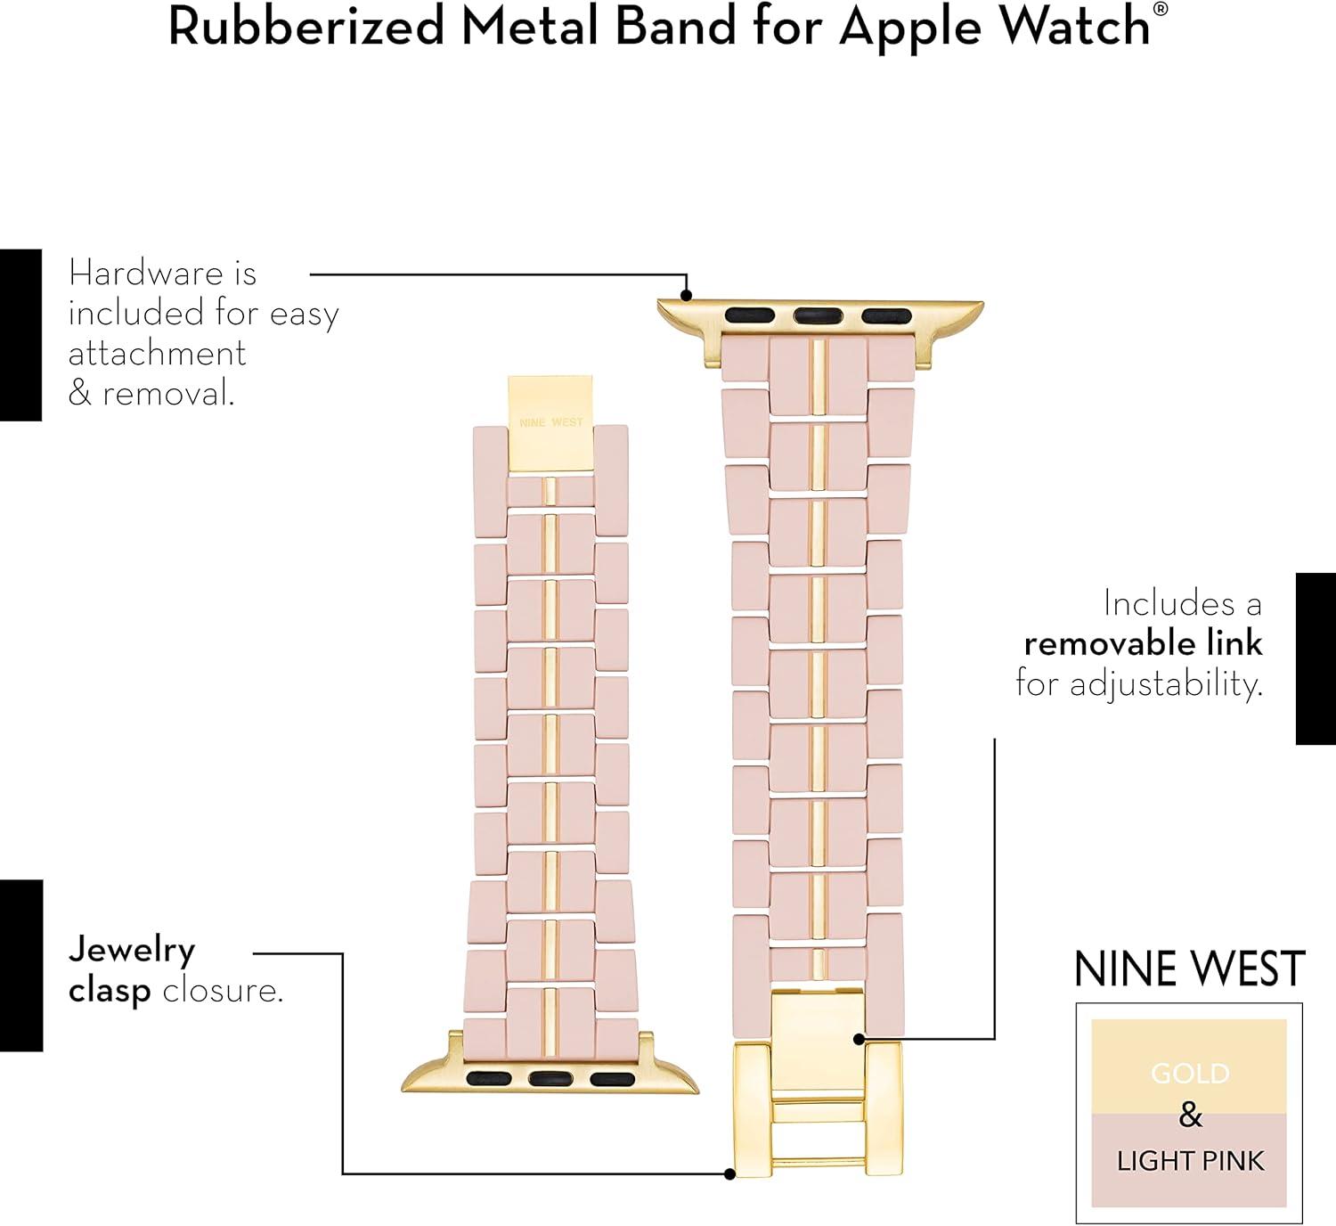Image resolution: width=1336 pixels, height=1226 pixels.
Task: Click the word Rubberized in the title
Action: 305,27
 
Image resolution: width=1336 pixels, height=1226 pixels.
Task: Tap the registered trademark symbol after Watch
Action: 1161,11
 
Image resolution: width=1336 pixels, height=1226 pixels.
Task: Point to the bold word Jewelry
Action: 132,951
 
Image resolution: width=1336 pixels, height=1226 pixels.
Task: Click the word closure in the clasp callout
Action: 223,990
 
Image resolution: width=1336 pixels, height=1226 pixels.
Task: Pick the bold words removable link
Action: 1143,643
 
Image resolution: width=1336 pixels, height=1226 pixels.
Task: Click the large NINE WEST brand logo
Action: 1189,969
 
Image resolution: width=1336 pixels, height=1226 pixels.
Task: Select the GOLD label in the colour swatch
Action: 1190,1074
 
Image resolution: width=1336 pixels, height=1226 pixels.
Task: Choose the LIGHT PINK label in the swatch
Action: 1190,1161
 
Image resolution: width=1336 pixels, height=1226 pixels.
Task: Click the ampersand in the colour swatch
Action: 1190,1116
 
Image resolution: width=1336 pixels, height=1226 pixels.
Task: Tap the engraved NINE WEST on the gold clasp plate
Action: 551,422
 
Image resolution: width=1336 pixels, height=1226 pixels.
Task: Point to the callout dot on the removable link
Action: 858,1039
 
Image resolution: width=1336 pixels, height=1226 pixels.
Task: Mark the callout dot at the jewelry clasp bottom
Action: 729,1174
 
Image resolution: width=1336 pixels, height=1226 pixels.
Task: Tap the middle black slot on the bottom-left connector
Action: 551,1078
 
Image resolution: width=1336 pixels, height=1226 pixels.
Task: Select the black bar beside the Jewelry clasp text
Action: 20,966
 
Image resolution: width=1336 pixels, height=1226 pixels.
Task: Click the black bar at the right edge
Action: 1316,658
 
